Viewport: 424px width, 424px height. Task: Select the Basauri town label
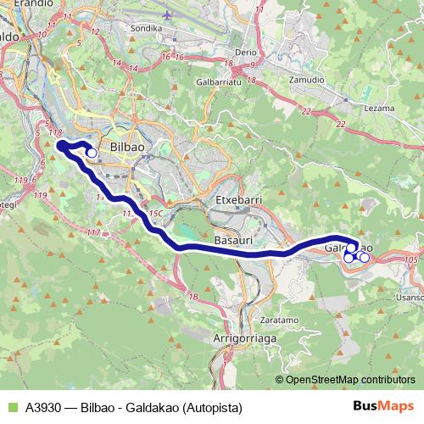(233, 242)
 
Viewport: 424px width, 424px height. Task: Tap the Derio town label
(245, 52)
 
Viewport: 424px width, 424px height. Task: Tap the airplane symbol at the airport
(168, 15)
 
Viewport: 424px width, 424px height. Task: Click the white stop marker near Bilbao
(92, 153)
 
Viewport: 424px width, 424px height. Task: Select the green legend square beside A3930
(11, 407)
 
